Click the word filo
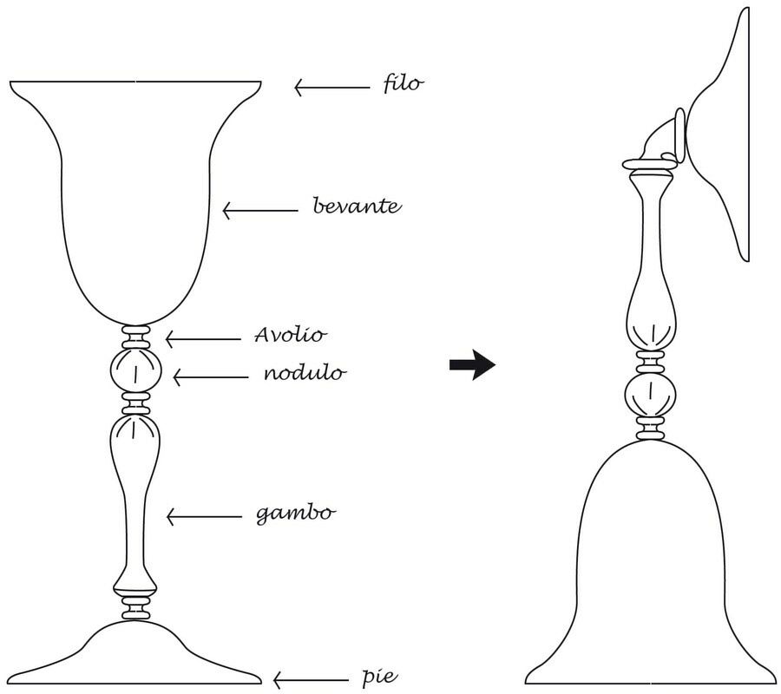(x=403, y=84)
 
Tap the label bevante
(x=356, y=206)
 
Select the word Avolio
(x=292, y=335)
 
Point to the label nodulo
(x=305, y=374)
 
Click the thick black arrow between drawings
(x=472, y=365)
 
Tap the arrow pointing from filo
(x=331, y=87)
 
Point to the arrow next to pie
(x=309, y=679)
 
